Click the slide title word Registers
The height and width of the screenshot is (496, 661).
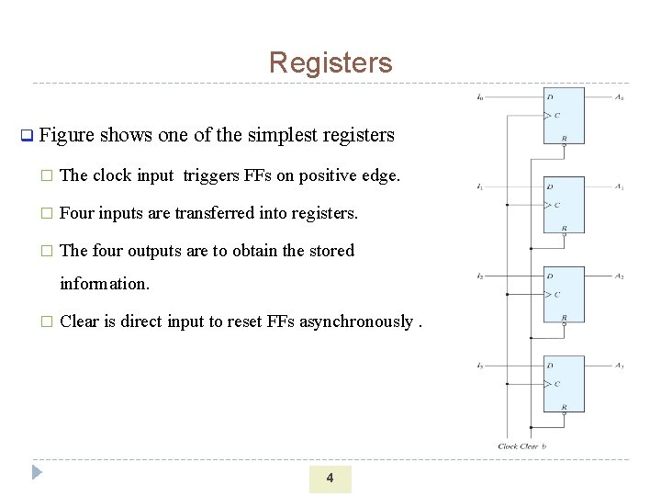coord(330,62)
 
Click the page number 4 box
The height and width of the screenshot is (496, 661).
coord(330,479)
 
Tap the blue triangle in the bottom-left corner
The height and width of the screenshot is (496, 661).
coord(37,473)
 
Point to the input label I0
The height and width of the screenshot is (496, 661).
coord(481,96)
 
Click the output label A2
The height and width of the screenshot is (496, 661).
coord(620,276)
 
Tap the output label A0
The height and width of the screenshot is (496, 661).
coord(620,96)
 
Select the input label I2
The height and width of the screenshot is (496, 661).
coord(480,276)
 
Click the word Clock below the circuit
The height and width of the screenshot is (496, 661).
coord(508,446)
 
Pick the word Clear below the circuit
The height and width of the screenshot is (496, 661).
coord(529,446)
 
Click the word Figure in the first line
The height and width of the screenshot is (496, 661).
coord(67,135)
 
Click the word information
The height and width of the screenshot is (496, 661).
coord(104,284)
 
